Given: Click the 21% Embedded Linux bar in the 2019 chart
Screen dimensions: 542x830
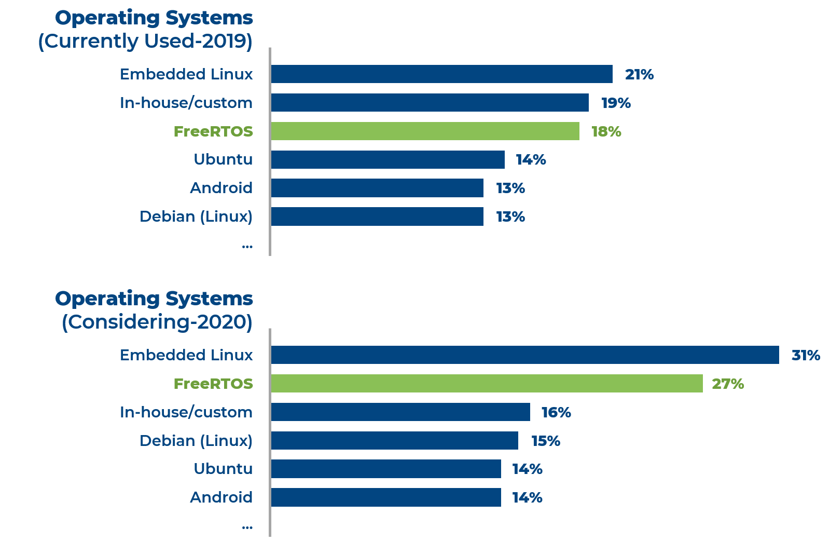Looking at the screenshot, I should [441, 74].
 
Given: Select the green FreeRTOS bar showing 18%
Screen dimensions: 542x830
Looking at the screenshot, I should [425, 131].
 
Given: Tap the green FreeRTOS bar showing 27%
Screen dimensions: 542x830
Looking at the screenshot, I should [487, 384].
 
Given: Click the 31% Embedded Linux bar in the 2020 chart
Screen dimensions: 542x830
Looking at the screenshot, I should [524, 355].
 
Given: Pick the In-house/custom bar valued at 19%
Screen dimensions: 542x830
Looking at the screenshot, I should [430, 103].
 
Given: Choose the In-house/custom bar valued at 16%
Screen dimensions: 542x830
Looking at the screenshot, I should [400, 412].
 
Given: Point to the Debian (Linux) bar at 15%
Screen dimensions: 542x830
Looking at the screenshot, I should [394, 441].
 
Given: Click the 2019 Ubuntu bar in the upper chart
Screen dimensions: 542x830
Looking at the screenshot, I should [388, 159].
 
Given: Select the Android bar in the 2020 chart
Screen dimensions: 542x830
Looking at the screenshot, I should [386, 497].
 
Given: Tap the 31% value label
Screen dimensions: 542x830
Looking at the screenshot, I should [806, 356].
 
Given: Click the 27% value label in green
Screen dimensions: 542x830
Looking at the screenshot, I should [727, 384].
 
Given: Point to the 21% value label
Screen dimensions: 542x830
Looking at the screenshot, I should [639, 75].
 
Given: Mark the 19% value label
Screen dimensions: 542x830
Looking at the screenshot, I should [616, 103].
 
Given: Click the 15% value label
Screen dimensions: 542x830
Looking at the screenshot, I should [546, 441].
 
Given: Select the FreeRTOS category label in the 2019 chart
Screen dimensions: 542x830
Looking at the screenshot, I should [213, 132].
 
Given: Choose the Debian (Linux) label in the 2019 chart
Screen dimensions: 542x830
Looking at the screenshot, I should [196, 216].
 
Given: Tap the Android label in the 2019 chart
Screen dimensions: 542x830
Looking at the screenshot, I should [221, 188].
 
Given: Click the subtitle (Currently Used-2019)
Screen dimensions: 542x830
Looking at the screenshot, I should [145, 42].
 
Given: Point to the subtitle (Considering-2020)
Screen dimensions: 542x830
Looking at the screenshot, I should [157, 322].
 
